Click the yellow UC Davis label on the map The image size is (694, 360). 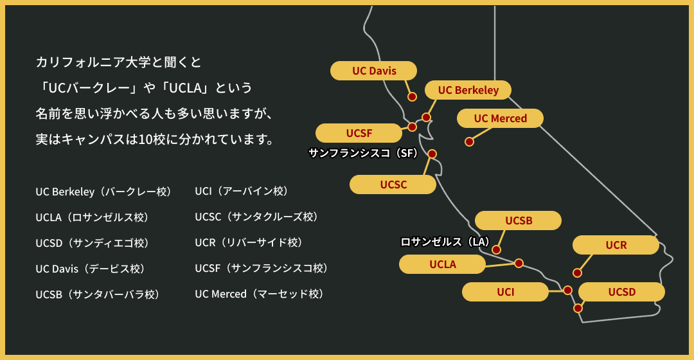374,71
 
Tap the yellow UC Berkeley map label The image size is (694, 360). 468,90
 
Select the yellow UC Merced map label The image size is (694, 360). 500,118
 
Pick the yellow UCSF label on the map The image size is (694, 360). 359,133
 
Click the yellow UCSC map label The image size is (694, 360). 393,184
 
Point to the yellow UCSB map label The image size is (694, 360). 518,221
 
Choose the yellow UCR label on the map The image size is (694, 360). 616,245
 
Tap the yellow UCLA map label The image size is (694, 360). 442,264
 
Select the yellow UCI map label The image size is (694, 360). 505,292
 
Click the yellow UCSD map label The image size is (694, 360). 621,292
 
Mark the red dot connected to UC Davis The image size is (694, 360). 413,97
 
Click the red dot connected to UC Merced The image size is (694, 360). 469,141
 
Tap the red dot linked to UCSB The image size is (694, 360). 496,249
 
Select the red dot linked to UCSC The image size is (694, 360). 432,154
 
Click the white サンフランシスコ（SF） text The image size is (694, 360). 363,153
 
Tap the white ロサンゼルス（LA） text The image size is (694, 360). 445,242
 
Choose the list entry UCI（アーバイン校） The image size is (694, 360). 242,191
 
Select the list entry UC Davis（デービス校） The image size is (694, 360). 91,268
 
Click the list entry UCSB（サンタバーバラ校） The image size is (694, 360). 98,294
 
